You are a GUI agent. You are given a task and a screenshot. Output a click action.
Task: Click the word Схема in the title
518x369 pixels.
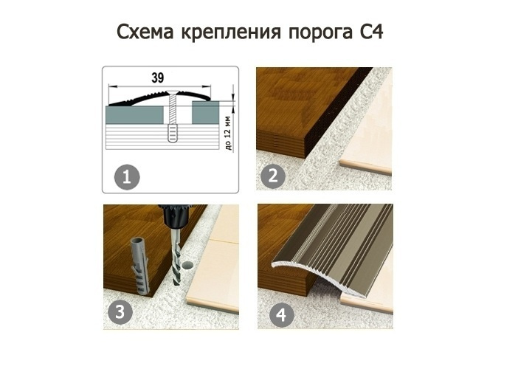point(145,32)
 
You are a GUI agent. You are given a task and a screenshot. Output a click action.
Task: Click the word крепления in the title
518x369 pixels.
point(231,33)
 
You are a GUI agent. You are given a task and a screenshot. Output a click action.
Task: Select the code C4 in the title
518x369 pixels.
point(370,32)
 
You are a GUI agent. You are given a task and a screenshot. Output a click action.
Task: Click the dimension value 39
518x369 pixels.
point(158,78)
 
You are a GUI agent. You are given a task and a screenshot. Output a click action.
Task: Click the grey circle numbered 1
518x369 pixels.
point(127,177)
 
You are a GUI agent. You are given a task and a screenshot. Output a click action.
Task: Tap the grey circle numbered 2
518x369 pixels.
point(273,176)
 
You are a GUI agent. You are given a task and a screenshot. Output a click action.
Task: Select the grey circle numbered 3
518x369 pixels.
point(120,311)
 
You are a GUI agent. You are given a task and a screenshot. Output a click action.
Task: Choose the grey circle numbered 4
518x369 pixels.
point(281,315)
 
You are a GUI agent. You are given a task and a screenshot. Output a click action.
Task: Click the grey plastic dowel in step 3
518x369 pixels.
point(139,265)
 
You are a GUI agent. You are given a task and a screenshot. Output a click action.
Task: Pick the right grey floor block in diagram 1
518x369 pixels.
point(205,113)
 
